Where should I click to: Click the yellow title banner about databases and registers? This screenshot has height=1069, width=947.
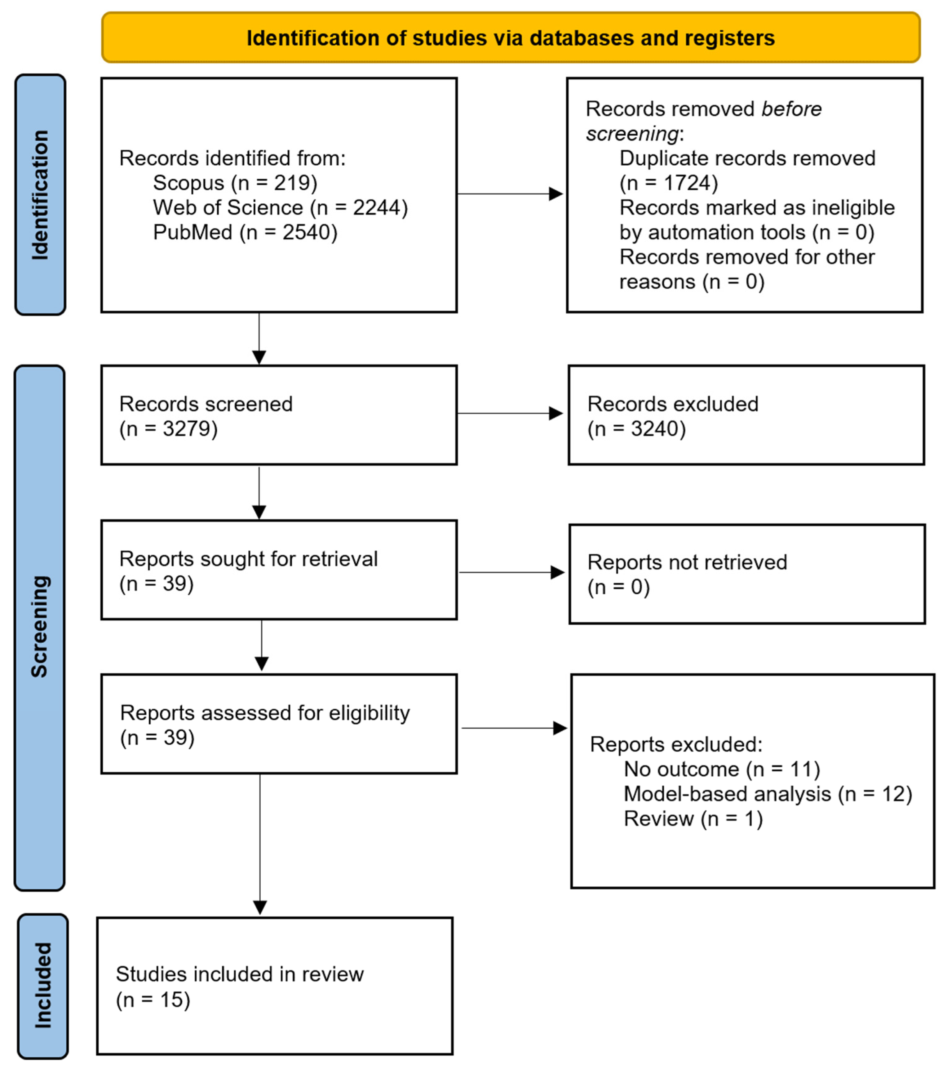pyautogui.click(x=510, y=38)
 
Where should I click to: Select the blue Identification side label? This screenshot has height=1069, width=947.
pyautogui.click(x=40, y=195)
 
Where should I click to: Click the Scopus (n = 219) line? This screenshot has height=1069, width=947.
pyautogui.click(x=235, y=183)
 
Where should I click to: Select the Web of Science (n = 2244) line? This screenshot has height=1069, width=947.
pyautogui.click(x=280, y=208)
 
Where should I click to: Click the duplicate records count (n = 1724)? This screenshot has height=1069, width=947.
pyautogui.click(x=668, y=183)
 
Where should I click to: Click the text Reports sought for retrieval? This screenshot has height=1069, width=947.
pyautogui.click(x=248, y=559)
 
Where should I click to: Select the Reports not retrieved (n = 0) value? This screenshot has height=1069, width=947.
pyautogui.click(x=618, y=587)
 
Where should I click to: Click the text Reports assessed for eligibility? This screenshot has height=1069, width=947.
pyautogui.click(x=265, y=713)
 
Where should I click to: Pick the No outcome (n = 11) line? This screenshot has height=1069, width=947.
pyautogui.click(x=722, y=769)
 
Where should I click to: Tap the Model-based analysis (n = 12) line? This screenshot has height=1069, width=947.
pyautogui.click(x=767, y=794)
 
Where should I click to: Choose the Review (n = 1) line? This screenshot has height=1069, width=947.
pyautogui.click(x=693, y=818)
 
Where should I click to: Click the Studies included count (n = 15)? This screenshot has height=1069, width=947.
pyautogui.click(x=153, y=1000)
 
